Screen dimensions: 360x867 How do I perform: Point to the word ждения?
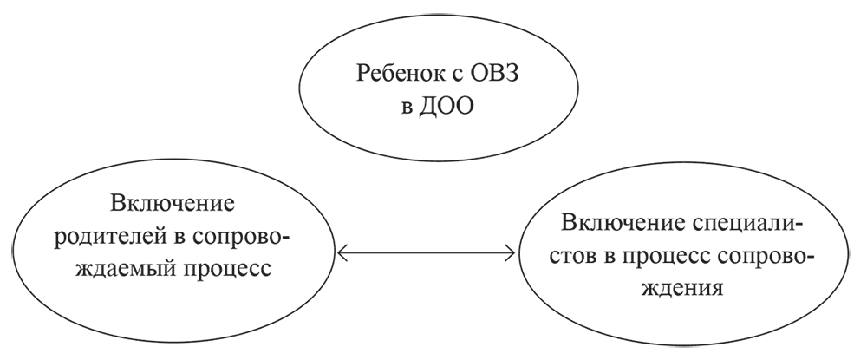(x=683, y=288)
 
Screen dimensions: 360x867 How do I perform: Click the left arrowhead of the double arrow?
(x=341, y=254)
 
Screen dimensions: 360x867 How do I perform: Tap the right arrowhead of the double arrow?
(x=512, y=254)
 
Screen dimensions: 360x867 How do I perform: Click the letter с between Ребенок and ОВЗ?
(x=449, y=74)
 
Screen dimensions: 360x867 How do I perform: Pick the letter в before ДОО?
(x=405, y=112)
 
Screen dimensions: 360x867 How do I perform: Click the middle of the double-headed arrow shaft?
(x=426, y=254)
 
